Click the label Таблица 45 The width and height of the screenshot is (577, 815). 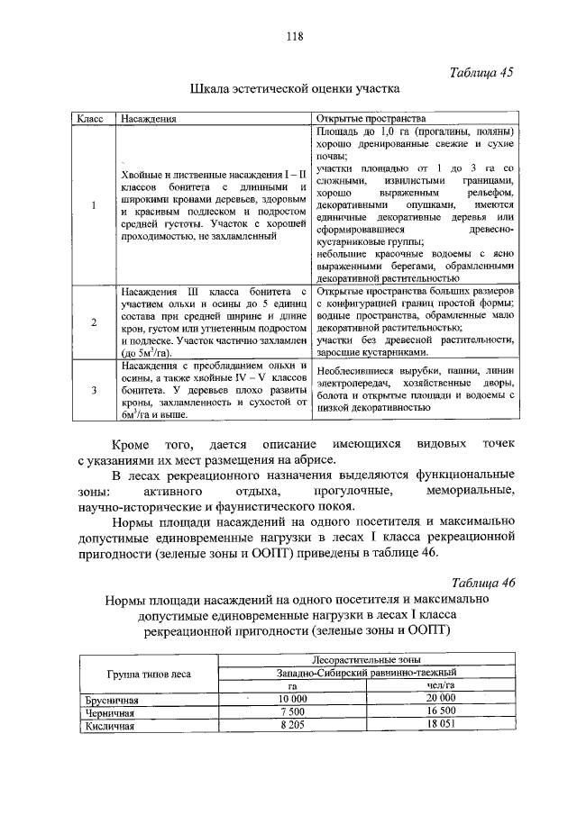(481, 75)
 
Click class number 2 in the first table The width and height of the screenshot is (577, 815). (93, 323)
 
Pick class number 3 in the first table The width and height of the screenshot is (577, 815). (93, 390)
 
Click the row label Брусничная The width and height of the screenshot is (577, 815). (110, 698)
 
